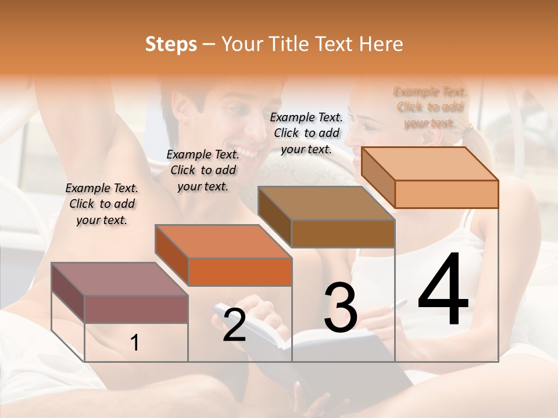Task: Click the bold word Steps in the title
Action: click(x=171, y=44)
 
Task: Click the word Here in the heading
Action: click(x=381, y=44)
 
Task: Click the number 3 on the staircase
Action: click(x=341, y=308)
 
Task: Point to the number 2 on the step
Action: click(x=234, y=326)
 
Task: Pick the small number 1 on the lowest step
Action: click(x=135, y=343)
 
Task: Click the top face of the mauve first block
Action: click(x=119, y=279)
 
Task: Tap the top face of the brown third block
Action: click(x=325, y=203)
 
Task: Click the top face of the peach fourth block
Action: click(x=429, y=164)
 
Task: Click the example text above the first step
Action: click(x=102, y=204)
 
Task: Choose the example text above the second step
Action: click(x=203, y=170)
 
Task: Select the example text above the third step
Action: click(x=306, y=133)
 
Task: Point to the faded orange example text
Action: click(x=430, y=107)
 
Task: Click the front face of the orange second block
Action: click(x=240, y=272)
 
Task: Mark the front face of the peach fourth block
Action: click(x=446, y=194)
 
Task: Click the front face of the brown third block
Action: click(x=343, y=233)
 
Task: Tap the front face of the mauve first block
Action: click(x=136, y=309)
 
